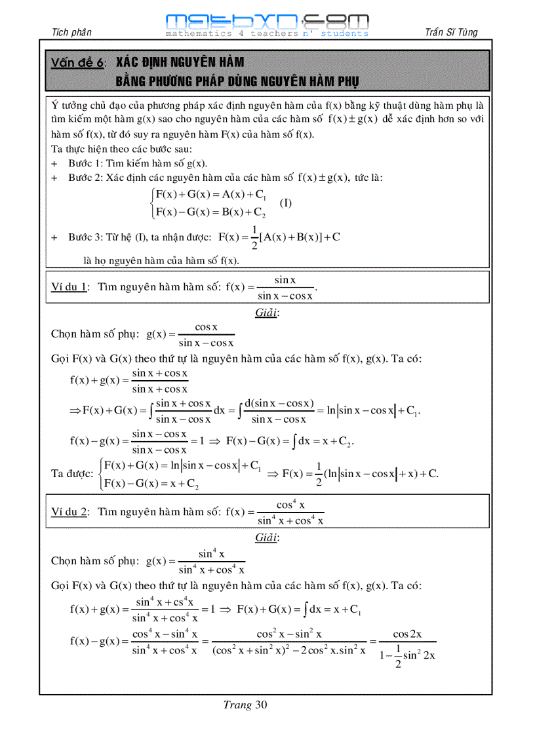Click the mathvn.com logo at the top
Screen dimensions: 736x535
(x=267, y=20)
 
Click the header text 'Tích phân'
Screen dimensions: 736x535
(x=71, y=32)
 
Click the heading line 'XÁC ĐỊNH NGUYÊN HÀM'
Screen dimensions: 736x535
(x=180, y=63)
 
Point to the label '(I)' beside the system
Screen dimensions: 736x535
(x=286, y=203)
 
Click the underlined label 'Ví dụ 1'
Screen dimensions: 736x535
(x=69, y=287)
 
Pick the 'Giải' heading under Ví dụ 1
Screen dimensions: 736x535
(x=267, y=313)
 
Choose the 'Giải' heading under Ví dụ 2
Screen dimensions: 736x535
(x=267, y=537)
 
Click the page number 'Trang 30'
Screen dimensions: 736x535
(x=245, y=705)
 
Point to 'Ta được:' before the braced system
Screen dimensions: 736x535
(x=71, y=473)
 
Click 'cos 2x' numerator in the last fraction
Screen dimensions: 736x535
(x=406, y=634)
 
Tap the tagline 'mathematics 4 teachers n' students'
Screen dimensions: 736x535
(x=267, y=33)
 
